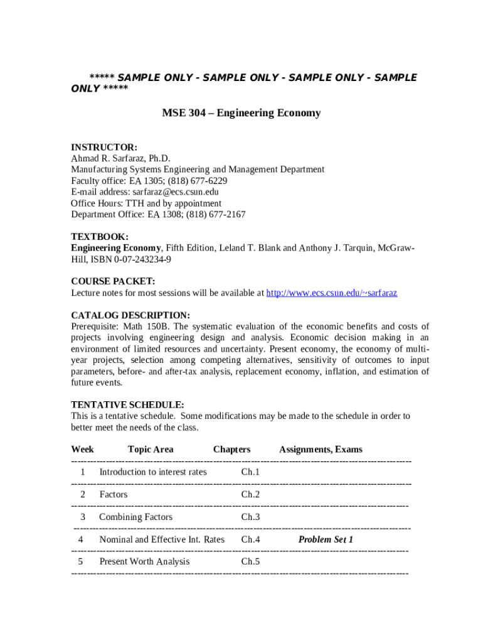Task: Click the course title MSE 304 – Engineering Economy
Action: tap(242, 113)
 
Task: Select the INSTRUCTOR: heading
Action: tap(104, 147)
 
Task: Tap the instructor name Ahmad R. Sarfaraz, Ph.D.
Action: tap(120, 158)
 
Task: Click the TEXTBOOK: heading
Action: tap(100, 237)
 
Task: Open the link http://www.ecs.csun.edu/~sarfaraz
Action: tap(332, 293)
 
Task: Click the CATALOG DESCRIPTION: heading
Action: tap(130, 315)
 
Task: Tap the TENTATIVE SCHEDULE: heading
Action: tap(127, 405)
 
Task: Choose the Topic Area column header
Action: tap(151, 450)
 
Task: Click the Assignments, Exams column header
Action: tap(321, 450)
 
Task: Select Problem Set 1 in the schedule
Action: tap(326, 540)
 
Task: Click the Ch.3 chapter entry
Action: tap(250, 517)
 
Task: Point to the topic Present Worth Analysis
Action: tap(144, 562)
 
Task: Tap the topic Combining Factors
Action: tap(135, 517)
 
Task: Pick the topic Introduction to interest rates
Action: tap(153, 472)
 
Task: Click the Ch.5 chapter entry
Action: tap(250, 562)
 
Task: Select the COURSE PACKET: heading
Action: tap(113, 281)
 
